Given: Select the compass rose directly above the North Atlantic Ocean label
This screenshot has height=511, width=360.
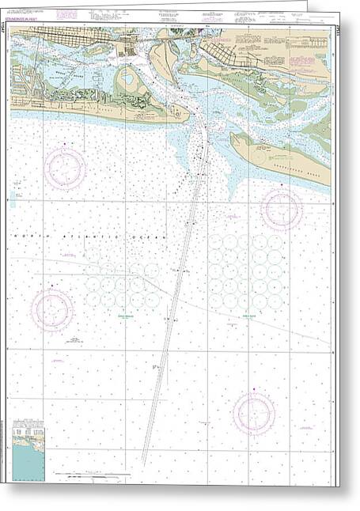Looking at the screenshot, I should (x=65, y=168).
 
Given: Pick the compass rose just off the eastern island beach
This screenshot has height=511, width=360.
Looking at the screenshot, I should (x=282, y=209).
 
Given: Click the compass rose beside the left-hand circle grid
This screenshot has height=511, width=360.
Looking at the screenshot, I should (x=52, y=310).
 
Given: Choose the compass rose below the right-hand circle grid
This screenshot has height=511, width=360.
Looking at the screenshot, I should (x=254, y=413).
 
